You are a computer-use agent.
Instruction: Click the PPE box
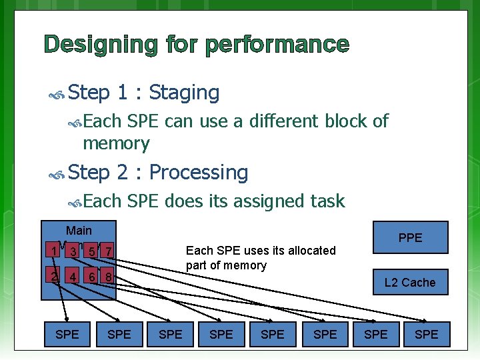(x=410, y=237)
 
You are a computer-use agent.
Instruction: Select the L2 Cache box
(x=409, y=282)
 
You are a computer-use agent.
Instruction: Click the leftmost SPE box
(x=67, y=334)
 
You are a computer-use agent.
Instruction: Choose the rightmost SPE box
(x=427, y=334)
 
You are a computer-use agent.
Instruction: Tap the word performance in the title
(x=277, y=45)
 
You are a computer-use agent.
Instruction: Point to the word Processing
(x=199, y=173)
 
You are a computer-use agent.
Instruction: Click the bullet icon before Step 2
(x=57, y=175)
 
